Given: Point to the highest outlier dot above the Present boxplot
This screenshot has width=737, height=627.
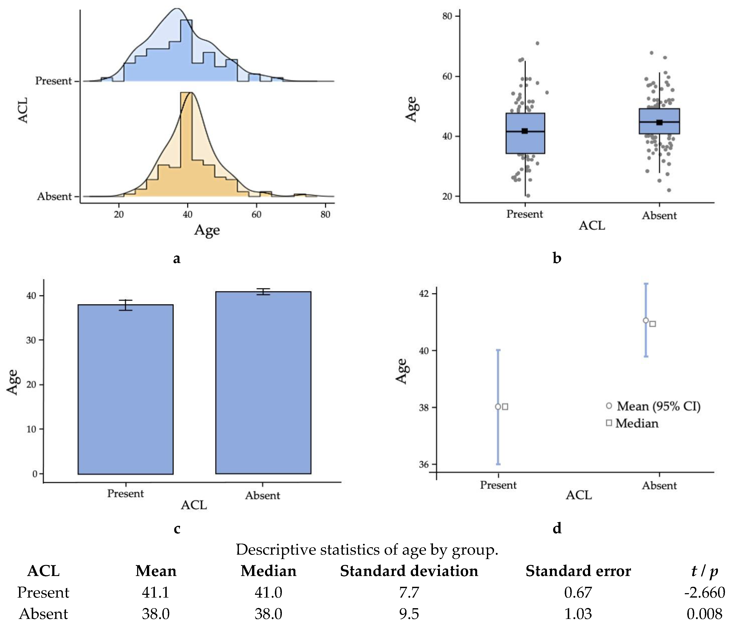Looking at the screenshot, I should (x=537, y=43).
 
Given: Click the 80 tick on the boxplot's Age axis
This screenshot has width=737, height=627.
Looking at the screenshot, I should (x=447, y=16).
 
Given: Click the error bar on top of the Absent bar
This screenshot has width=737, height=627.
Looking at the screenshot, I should (x=263, y=291).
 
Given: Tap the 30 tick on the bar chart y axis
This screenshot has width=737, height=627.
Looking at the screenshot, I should (x=32, y=340).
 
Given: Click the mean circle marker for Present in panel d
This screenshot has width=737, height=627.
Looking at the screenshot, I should (x=498, y=407).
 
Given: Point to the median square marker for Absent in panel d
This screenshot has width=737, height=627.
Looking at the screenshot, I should (x=652, y=324).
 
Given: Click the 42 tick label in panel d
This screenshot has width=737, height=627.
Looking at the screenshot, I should (x=424, y=293).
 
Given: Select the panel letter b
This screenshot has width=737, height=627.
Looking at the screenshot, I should (x=557, y=258).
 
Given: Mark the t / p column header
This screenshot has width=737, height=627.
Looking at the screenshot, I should (x=704, y=571).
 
